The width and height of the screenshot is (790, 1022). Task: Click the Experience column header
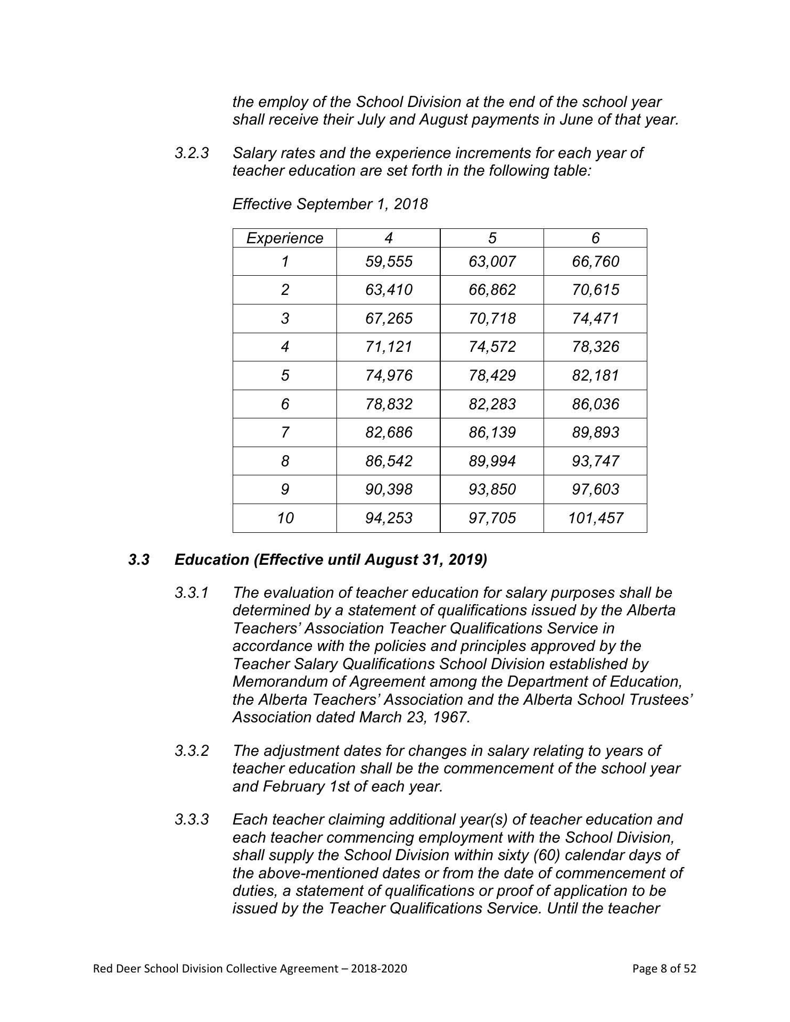[x=284, y=238]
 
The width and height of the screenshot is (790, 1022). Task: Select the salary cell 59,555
[x=389, y=261]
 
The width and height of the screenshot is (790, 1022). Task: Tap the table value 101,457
[x=595, y=518]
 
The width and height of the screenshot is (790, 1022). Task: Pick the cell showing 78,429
[x=492, y=375]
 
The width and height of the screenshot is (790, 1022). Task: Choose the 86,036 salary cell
[x=595, y=404]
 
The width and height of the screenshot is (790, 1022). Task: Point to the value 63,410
[x=389, y=290]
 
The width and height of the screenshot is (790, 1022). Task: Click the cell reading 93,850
[x=492, y=489]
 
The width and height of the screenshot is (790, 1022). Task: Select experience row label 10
[x=285, y=518]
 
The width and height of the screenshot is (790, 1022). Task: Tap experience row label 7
[x=285, y=432]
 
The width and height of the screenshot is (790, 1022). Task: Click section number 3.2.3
[x=192, y=153]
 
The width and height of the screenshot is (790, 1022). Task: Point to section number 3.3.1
[x=192, y=592]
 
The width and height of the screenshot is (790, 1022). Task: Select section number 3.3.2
[x=192, y=751]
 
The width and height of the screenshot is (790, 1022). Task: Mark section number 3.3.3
[x=192, y=819]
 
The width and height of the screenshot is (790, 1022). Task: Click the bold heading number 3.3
[x=138, y=560]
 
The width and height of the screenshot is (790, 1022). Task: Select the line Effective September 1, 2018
[x=330, y=204]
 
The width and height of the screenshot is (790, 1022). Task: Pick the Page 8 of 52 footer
[x=664, y=968]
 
